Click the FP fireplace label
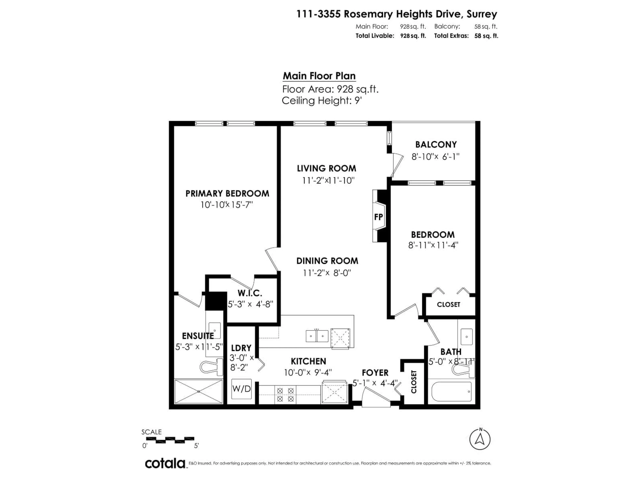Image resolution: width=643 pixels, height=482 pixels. click(x=378, y=217)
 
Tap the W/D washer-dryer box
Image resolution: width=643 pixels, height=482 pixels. click(x=241, y=389)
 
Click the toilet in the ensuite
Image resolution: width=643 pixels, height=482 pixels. click(x=210, y=367)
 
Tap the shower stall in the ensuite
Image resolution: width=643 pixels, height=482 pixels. click(x=198, y=391)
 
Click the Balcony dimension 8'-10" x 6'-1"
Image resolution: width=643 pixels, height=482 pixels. click(x=435, y=157)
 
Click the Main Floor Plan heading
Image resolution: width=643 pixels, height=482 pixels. click(x=319, y=76)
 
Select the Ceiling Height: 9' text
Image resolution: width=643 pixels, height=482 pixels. click(x=321, y=101)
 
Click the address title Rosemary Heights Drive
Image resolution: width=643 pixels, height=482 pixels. click(x=397, y=14)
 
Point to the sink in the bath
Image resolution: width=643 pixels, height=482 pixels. click(x=467, y=337)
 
